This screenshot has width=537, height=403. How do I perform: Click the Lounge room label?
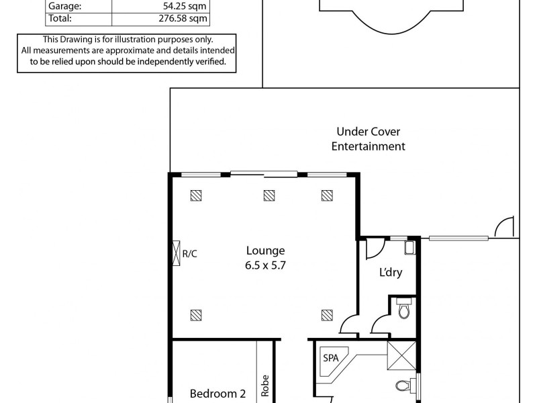pos(265,251)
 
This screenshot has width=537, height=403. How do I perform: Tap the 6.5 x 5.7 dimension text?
pos(265,265)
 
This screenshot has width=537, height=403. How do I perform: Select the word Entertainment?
pos(369,146)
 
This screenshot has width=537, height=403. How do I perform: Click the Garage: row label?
pos(64,7)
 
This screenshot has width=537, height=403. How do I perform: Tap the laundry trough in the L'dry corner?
pos(410,248)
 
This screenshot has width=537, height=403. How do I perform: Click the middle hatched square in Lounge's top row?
pos(268,195)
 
